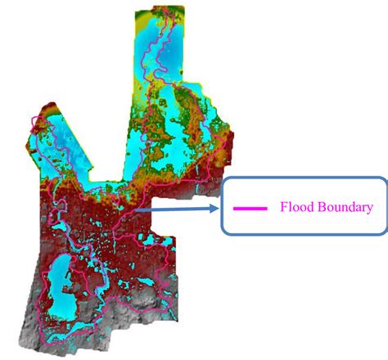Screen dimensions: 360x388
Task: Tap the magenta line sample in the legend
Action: (250, 208)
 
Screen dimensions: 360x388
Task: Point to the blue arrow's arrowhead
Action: (219, 209)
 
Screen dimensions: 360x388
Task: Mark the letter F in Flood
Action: (284, 207)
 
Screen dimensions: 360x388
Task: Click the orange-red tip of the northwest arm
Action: (43, 110)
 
